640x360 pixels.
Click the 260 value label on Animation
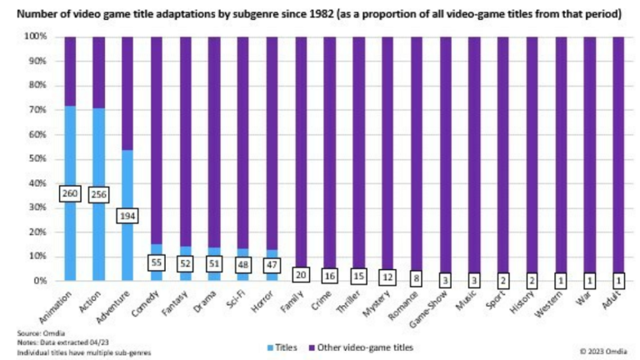[x=70, y=194]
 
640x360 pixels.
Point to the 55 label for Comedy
[x=157, y=262]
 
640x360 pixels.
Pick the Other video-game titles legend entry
[x=358, y=346]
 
